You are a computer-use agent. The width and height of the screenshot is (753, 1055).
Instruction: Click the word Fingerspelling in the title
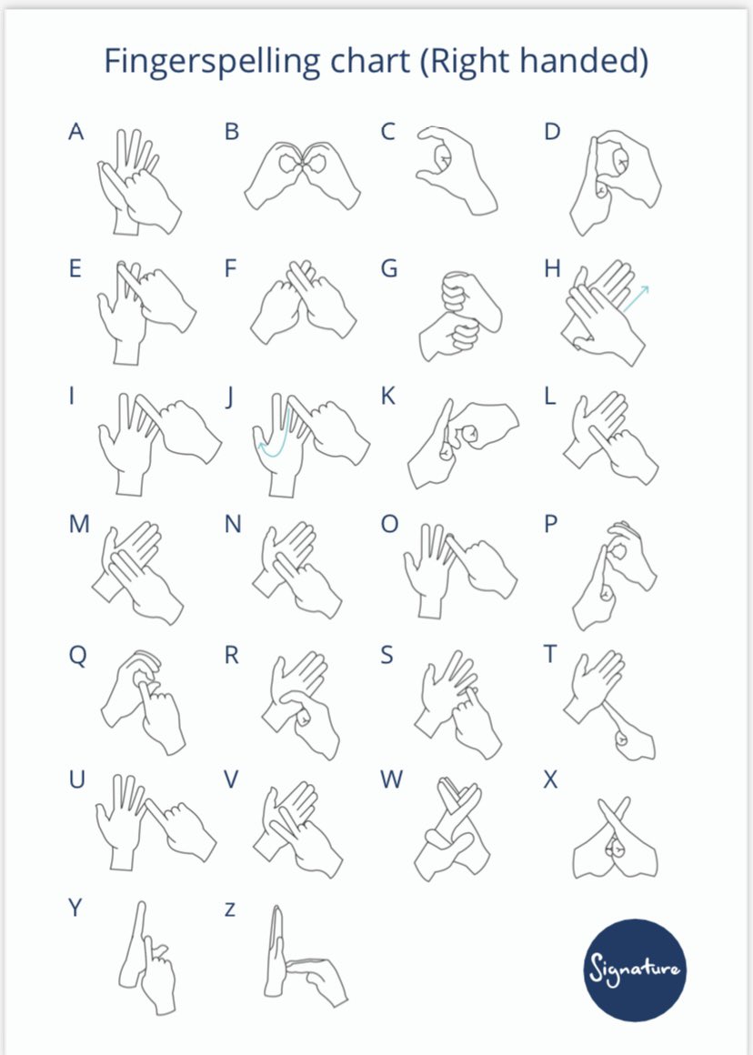pyautogui.click(x=212, y=62)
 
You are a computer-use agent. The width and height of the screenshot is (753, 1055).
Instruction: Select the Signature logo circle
pyautogui.click(x=636, y=970)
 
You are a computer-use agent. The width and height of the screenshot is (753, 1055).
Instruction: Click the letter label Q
pyautogui.click(x=78, y=656)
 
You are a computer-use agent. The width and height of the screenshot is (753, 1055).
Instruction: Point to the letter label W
pyautogui.click(x=392, y=779)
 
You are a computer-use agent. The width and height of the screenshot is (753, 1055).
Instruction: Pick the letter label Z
pyautogui.click(x=230, y=909)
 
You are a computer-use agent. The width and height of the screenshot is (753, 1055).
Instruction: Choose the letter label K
pyautogui.click(x=388, y=397)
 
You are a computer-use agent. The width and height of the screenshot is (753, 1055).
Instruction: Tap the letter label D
pyautogui.click(x=552, y=131)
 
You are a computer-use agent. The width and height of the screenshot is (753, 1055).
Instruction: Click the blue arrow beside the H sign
pyautogui.click(x=636, y=298)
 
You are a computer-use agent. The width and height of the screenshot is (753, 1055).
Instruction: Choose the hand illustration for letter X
pyautogui.click(x=615, y=839)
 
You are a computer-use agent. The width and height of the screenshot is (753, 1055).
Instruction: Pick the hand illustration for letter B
pyautogui.click(x=302, y=175)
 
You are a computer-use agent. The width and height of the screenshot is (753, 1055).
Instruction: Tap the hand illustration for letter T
pyautogui.click(x=609, y=705)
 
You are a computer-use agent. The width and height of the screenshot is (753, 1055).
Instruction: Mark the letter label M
pyautogui.click(x=79, y=524)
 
